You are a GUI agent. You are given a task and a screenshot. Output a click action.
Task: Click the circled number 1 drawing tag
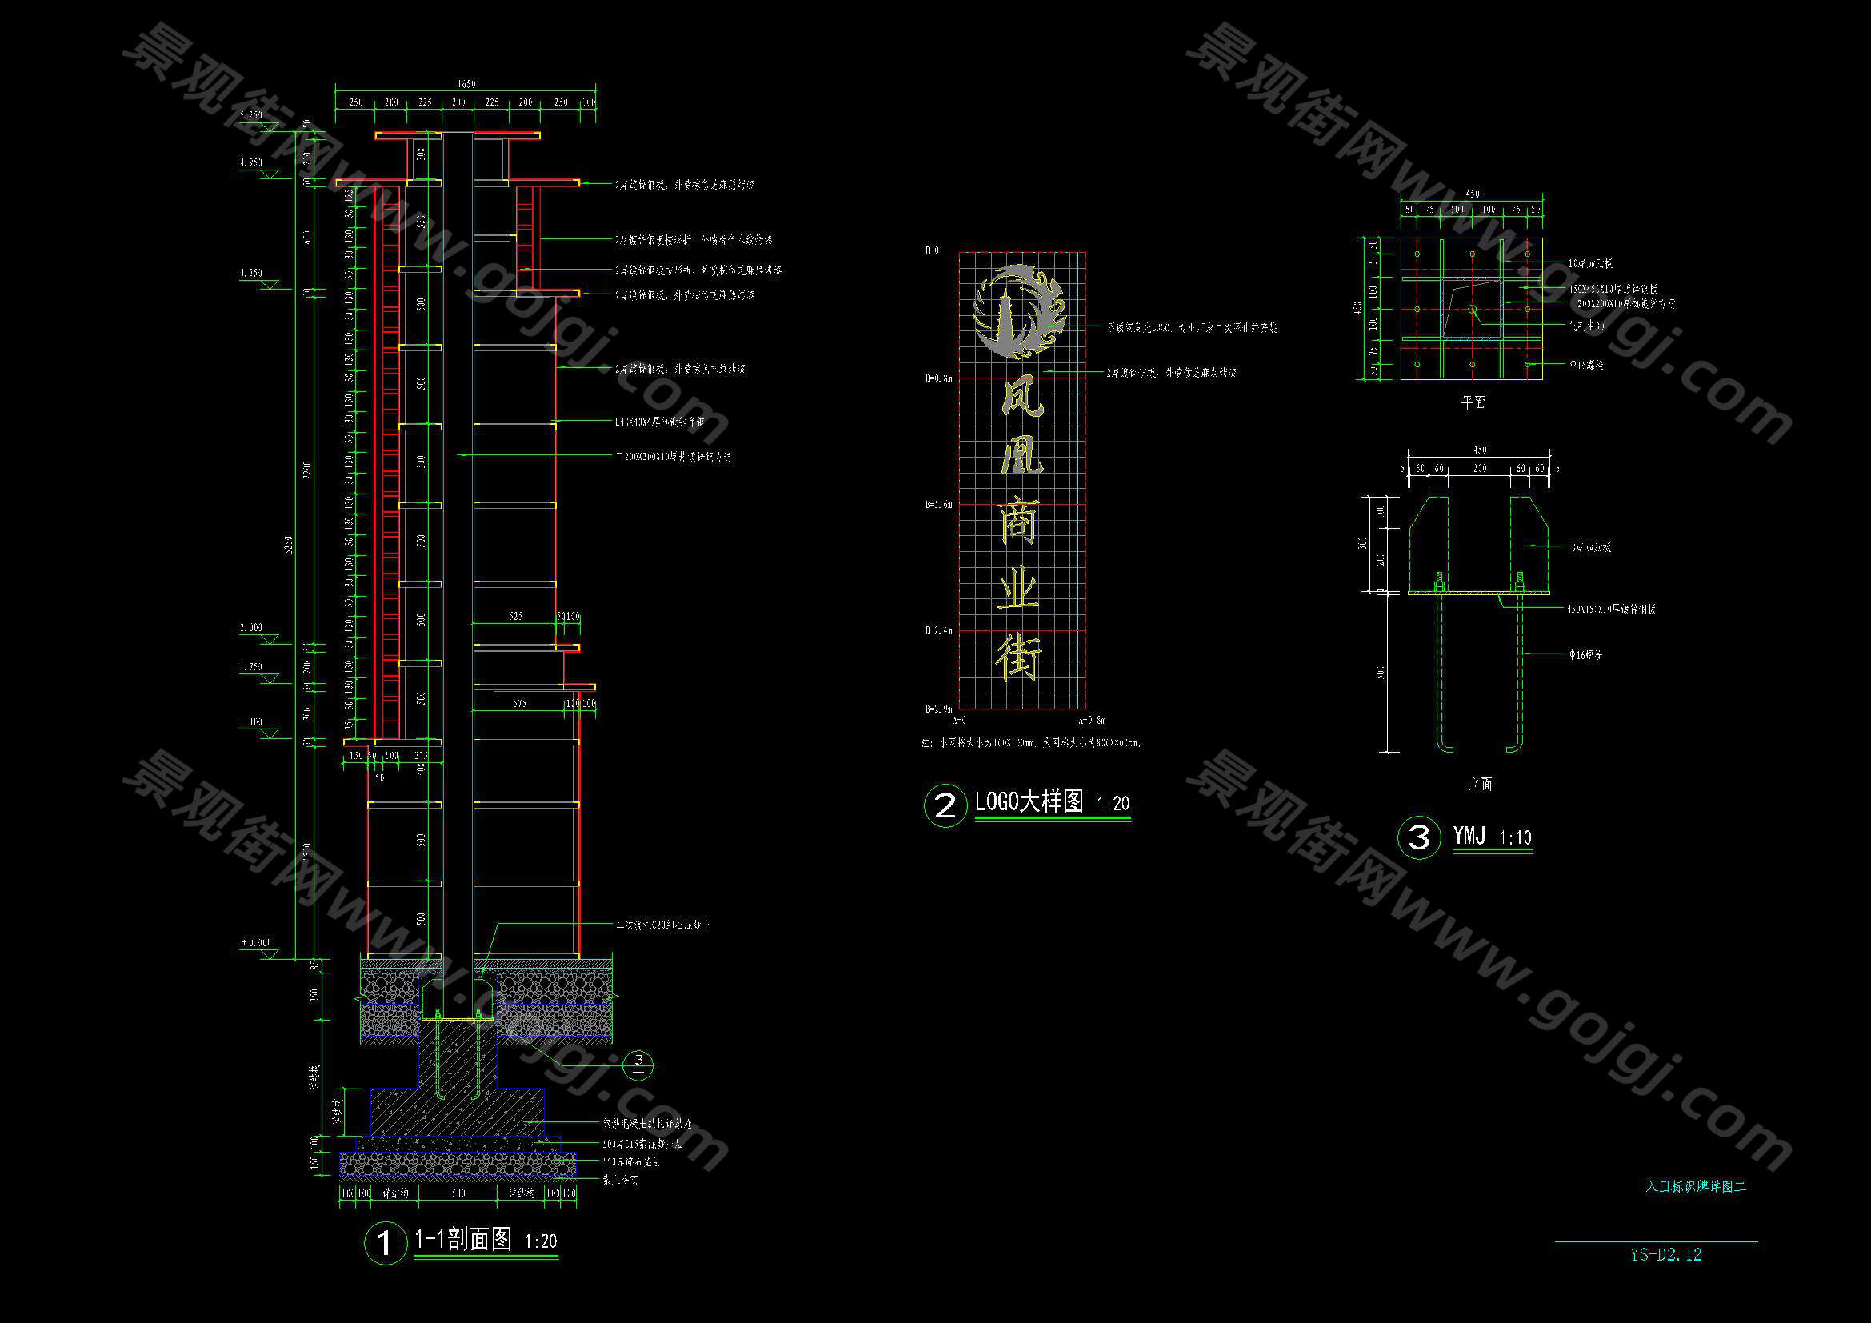pos(384,1243)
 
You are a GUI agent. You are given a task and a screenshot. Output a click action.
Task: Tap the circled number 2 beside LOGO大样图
pos(945,805)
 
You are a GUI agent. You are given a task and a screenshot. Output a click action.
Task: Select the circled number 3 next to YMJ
pos(1419,837)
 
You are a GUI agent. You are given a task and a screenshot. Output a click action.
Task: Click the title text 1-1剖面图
pos(463,1239)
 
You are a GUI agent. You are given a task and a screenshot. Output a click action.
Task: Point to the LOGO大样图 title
pos(1029,801)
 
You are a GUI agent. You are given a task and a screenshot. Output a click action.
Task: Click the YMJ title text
pos(1469,836)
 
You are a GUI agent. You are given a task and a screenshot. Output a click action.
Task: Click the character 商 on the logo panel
pos(1018,522)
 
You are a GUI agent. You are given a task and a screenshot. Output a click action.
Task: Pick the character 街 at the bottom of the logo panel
pos(1018,658)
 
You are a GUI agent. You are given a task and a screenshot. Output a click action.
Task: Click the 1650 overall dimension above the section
pos(466,84)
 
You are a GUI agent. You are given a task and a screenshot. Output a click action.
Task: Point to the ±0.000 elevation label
pos(256,942)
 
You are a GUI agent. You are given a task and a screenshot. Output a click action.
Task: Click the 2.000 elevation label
pos(251,628)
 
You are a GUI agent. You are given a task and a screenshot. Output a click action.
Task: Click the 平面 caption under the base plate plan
pos(1473,402)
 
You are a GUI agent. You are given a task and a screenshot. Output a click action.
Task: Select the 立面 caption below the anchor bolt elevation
pos(1481,785)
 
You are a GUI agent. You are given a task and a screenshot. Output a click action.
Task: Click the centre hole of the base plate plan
pos(1472,309)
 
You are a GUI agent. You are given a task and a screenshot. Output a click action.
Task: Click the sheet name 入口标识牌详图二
pos(1695,1187)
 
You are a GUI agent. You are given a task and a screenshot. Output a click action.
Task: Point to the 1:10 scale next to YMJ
pos(1515,837)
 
